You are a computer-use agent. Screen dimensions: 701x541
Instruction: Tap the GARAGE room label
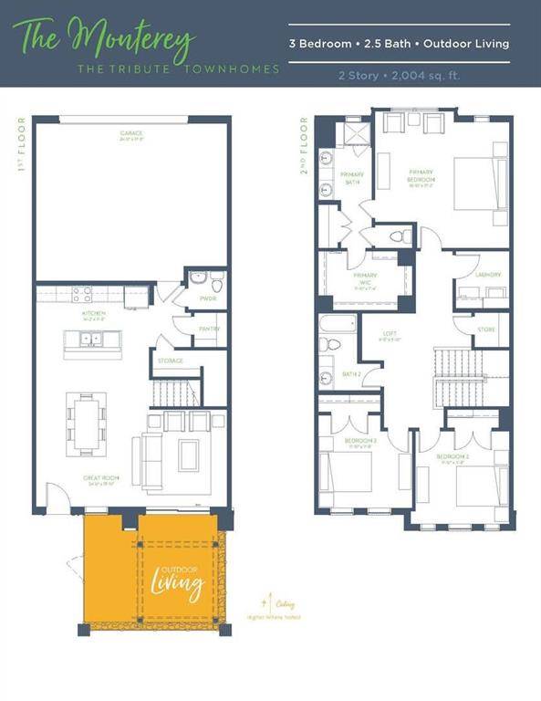[131, 135]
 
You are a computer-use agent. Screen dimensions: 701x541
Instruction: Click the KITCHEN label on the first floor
[95, 313]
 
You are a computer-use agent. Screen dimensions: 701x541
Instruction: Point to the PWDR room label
[208, 298]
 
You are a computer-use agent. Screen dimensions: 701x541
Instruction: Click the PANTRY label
[209, 329]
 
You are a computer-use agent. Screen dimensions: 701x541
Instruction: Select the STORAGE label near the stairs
[170, 361]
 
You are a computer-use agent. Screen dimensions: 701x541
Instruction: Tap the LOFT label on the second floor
[390, 335]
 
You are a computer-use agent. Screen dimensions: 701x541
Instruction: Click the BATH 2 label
[351, 373]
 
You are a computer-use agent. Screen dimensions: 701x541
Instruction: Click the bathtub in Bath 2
[337, 324]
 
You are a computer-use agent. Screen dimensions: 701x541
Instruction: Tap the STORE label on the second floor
[488, 330]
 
